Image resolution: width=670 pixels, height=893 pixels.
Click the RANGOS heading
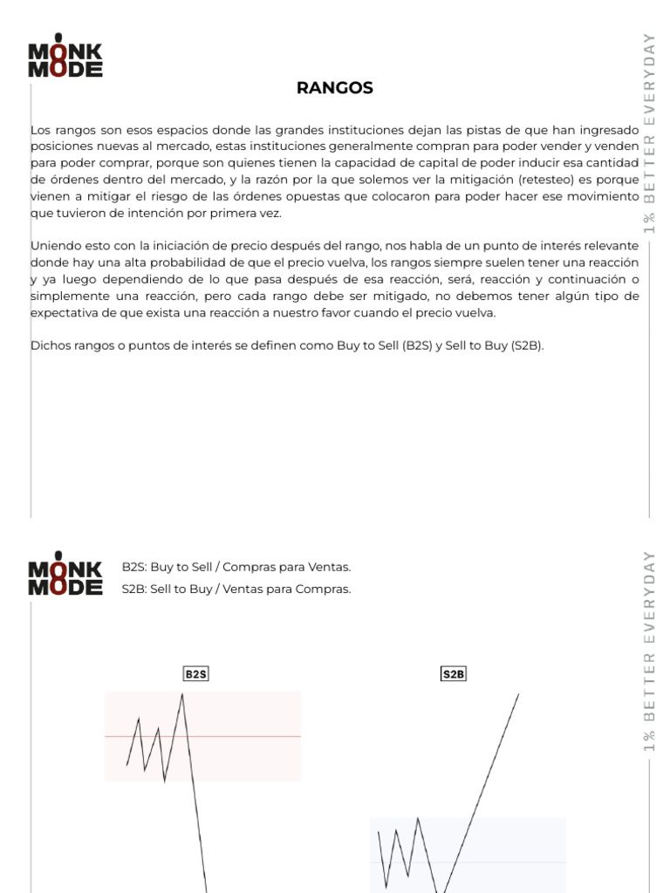point(334,87)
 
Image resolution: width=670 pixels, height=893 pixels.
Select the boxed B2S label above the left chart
point(196,674)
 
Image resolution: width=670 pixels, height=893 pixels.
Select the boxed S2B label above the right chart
point(454,674)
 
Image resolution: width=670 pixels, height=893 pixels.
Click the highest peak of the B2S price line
point(182,694)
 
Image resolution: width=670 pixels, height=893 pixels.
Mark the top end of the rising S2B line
point(518,694)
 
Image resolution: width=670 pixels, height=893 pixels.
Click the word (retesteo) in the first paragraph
point(545,180)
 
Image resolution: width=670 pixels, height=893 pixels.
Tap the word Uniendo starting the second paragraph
point(54,246)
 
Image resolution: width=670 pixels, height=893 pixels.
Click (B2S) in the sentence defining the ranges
point(416,345)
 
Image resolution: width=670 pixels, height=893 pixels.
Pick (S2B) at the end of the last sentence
point(527,345)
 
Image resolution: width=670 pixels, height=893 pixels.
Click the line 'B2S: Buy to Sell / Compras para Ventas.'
point(236,567)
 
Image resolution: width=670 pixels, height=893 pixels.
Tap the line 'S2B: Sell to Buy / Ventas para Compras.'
point(236,589)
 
